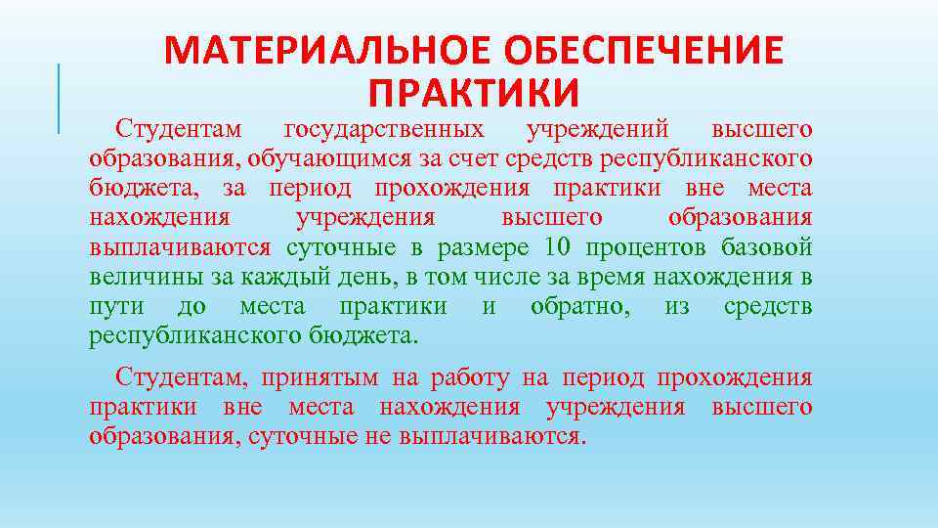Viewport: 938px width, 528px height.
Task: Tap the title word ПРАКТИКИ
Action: pos(475,93)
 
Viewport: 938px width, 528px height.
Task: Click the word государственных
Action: pos(382,129)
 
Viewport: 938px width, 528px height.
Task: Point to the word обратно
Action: pos(580,306)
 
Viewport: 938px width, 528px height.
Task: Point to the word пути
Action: pos(116,306)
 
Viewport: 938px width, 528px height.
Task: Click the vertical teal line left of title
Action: pos(59,98)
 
